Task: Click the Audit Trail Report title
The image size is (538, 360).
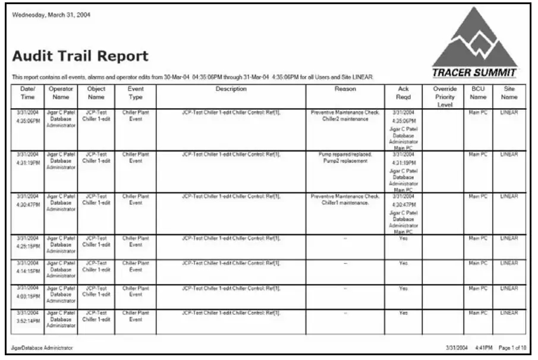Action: click(80, 57)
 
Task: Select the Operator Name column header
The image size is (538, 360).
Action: click(61, 93)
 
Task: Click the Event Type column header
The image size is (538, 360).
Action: click(136, 93)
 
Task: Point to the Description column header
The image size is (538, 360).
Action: click(231, 89)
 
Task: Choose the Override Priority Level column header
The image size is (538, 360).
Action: click(445, 96)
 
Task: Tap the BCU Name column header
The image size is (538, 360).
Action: click(478, 93)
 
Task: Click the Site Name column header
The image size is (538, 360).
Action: click(509, 93)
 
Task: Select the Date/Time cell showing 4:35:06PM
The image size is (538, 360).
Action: click(27, 118)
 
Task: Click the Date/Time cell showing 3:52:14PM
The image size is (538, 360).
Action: click(27, 318)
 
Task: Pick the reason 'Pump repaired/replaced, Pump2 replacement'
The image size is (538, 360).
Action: click(345, 157)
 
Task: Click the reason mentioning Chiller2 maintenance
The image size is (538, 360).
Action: click(345, 115)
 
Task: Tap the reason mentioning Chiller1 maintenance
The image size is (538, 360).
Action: click(345, 199)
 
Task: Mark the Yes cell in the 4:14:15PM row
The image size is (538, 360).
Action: click(404, 263)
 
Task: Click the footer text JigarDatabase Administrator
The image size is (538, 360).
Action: click(42, 348)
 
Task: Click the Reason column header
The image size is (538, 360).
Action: click(345, 89)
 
